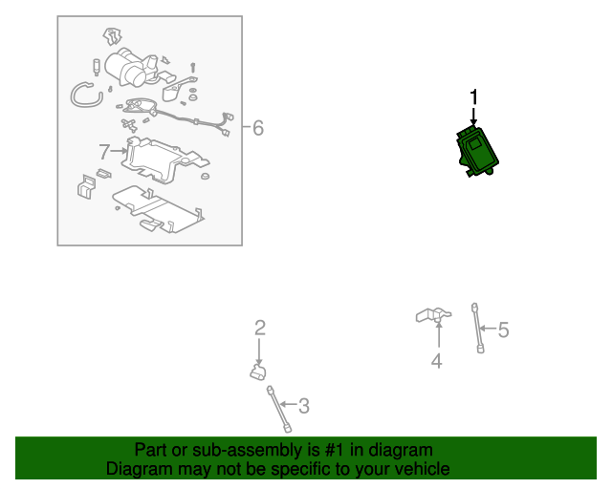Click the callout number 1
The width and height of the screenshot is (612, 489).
click(x=474, y=97)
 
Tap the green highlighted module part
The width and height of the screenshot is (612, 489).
click(x=477, y=151)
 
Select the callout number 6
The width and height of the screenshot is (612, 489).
click(x=258, y=128)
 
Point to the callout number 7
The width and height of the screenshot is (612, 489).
click(x=104, y=152)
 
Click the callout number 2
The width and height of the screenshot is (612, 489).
click(x=260, y=328)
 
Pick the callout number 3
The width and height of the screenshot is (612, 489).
click(x=304, y=406)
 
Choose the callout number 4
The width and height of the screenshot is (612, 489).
click(x=437, y=361)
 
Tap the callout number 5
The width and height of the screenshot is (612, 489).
click(x=504, y=330)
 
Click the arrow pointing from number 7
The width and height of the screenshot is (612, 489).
click(x=119, y=151)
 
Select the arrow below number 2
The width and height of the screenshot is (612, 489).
click(x=259, y=352)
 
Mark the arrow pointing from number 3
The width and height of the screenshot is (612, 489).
click(x=289, y=404)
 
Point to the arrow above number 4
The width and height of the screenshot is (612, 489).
click(x=439, y=334)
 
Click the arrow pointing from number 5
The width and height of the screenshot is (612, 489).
click(x=488, y=329)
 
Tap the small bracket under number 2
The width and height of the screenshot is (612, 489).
click(x=258, y=372)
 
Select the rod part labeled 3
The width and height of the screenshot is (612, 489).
click(x=278, y=409)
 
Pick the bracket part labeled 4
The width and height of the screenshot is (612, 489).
click(x=433, y=314)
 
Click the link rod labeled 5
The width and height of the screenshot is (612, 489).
click(x=478, y=328)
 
